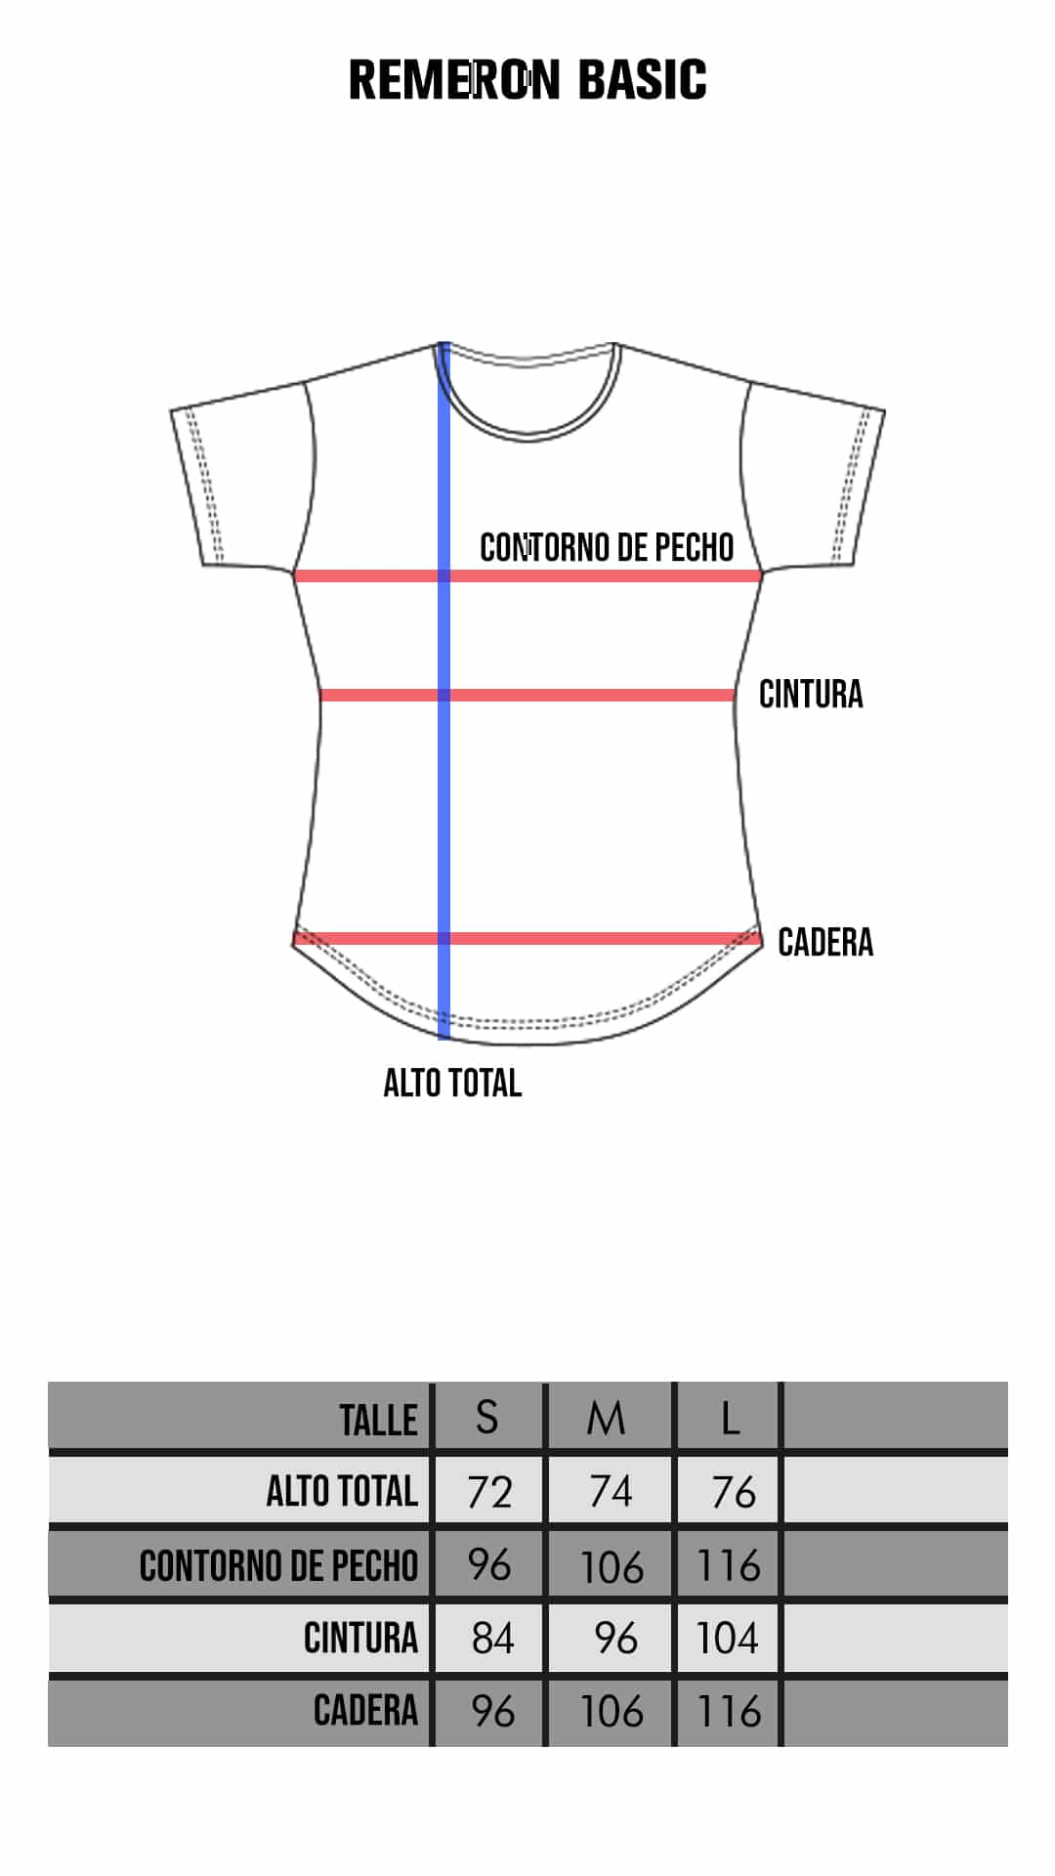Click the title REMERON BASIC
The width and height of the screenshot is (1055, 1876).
[x=527, y=79]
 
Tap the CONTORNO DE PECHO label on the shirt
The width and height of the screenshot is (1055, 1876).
[x=607, y=547]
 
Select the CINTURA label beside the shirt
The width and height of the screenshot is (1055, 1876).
[x=811, y=694]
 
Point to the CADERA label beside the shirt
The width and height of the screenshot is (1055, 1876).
[x=825, y=942]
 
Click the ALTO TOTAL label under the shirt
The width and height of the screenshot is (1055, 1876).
[x=452, y=1083]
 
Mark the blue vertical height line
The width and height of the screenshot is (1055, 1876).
[x=443, y=690]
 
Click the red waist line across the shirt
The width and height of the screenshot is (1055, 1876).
[x=527, y=695]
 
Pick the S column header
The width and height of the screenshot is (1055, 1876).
[x=486, y=1417]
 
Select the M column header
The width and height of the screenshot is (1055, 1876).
[x=606, y=1418]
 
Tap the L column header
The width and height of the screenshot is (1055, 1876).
[x=730, y=1418]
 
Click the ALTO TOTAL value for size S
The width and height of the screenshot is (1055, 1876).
[x=489, y=1492]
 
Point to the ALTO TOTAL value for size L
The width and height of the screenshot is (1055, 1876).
[x=734, y=1492]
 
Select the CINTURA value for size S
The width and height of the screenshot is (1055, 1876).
[x=492, y=1639]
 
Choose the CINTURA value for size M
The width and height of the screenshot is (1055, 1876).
[x=615, y=1639]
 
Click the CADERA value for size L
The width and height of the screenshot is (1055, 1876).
[x=729, y=1712]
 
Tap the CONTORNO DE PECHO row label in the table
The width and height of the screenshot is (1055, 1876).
[x=278, y=1565]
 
